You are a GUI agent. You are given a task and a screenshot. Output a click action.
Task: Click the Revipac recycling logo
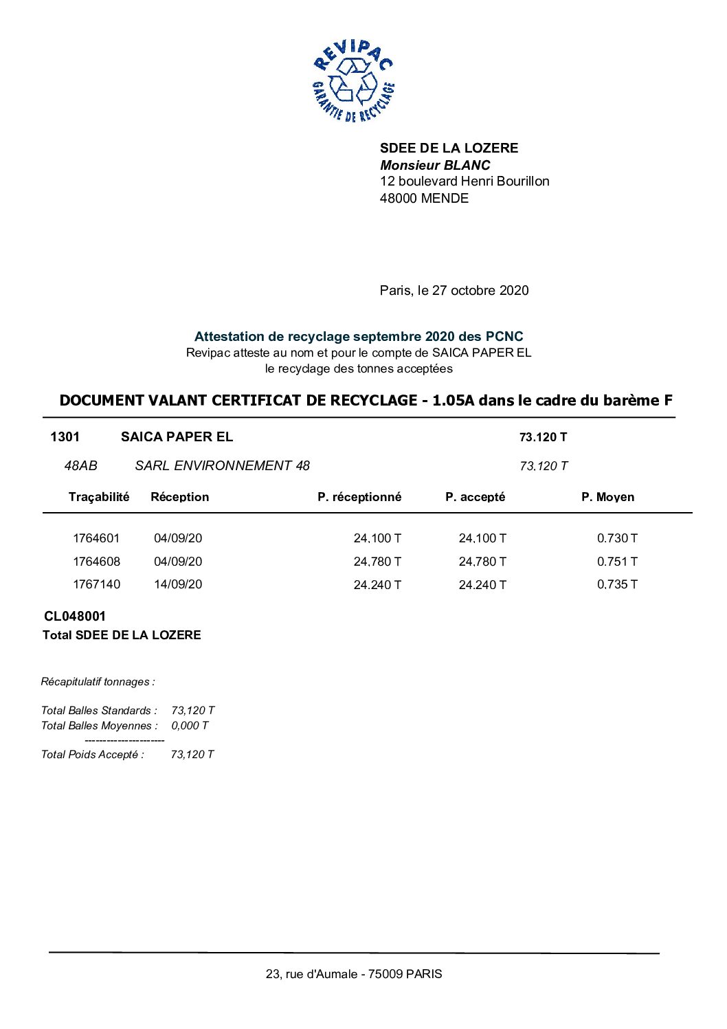[x=353, y=81]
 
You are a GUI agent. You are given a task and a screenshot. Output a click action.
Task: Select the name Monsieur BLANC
[x=435, y=165]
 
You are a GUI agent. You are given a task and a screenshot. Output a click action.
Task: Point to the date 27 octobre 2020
[x=480, y=290]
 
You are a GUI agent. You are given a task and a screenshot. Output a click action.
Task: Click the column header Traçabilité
[x=98, y=497]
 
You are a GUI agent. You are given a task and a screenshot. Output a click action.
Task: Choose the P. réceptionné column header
[x=359, y=497]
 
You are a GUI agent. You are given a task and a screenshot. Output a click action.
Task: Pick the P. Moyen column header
[x=607, y=497]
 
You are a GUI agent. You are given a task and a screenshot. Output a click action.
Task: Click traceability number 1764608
[x=96, y=562]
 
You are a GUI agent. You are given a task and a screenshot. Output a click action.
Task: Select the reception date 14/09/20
[x=178, y=584]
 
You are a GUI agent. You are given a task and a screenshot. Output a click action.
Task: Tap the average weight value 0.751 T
[x=616, y=562]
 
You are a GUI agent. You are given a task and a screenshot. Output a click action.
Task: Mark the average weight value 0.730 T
[x=616, y=538]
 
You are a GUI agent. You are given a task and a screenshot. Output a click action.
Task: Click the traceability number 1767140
[x=96, y=584]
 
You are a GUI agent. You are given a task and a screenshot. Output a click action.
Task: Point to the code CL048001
[x=75, y=617]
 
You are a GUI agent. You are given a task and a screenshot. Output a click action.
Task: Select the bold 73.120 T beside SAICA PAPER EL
[x=543, y=437]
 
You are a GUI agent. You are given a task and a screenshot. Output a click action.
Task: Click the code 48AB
[x=80, y=466]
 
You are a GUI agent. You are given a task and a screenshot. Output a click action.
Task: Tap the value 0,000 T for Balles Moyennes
[x=190, y=726]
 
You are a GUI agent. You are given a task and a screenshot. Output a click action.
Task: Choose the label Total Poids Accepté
[x=92, y=755]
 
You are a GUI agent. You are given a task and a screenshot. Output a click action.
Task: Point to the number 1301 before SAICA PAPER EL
[x=65, y=437]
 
